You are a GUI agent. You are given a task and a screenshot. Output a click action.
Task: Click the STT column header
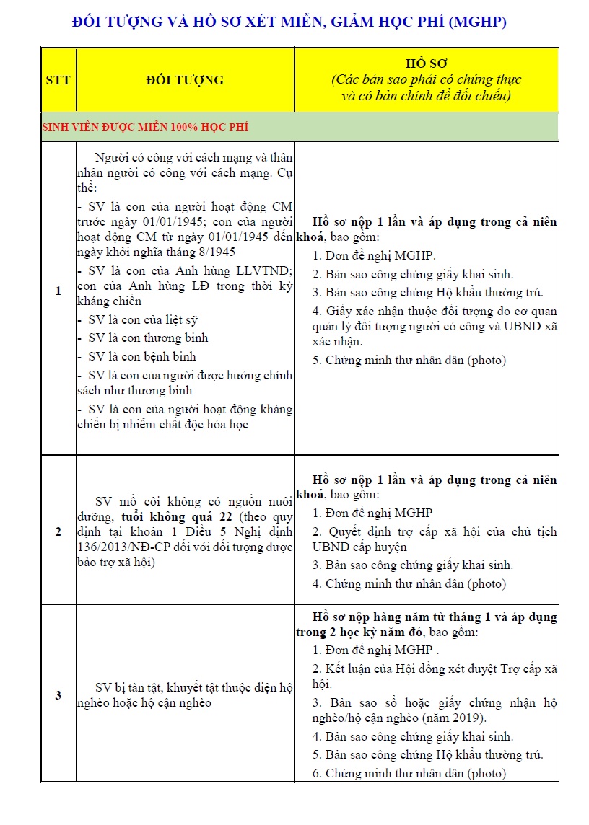(x=58, y=79)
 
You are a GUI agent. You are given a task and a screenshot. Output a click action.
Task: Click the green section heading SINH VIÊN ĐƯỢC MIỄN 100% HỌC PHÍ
(x=145, y=127)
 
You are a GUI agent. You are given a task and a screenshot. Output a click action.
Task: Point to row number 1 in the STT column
(x=58, y=291)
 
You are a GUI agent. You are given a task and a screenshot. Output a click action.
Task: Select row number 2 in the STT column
(x=58, y=532)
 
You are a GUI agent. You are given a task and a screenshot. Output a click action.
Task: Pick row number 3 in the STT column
(x=58, y=695)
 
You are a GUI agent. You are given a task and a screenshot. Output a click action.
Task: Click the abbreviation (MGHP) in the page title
(x=477, y=22)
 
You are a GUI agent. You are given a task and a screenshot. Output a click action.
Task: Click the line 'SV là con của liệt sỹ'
(x=142, y=319)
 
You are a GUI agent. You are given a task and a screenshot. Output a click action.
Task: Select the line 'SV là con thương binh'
(x=148, y=337)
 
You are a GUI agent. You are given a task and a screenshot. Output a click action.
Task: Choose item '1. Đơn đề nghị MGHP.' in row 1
(x=374, y=255)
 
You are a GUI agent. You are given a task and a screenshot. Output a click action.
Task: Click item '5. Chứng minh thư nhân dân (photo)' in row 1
(x=409, y=360)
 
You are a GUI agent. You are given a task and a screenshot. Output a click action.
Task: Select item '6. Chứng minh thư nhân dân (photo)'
(x=409, y=773)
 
